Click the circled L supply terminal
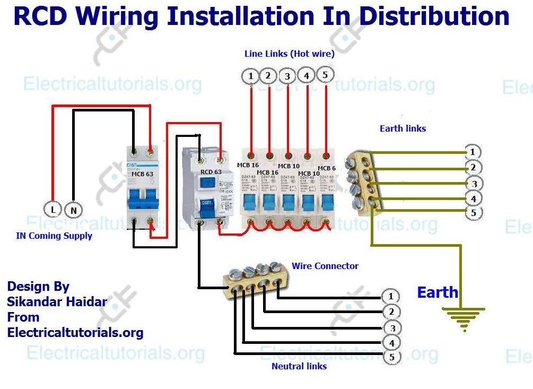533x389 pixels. pos(53,210)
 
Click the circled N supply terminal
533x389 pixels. pos(74,210)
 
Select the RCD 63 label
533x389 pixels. pos(211,172)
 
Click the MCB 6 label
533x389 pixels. pos(326,168)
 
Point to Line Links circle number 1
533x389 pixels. pos(251,76)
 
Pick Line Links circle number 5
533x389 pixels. pos(325,75)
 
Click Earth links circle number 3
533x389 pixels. pos(473,184)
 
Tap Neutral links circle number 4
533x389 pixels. pos(391,343)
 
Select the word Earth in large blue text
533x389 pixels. pos(437,292)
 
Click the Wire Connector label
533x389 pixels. pos(325,266)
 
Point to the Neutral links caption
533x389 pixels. pos(299,366)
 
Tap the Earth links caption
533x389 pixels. pos(403,128)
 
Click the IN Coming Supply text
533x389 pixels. pos(54,236)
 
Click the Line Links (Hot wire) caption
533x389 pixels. pos(289,54)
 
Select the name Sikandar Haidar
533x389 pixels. pos(57,302)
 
